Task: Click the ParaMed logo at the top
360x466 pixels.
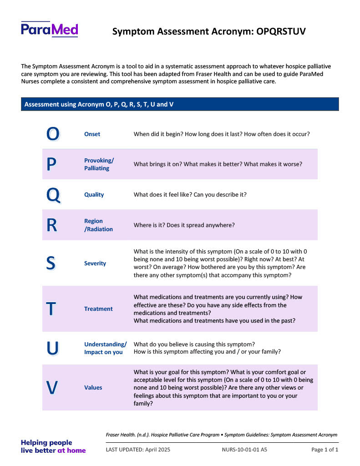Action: [49, 30]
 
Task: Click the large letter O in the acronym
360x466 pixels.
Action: [53, 134]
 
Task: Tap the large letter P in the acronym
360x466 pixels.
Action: [52, 164]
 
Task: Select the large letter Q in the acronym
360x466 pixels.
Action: [53, 195]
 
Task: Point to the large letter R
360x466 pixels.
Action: [52, 225]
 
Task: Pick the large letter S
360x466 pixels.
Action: [51, 263]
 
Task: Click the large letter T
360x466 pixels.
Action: [51, 309]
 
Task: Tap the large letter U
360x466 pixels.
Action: [52, 348]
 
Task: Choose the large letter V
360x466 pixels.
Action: [52, 388]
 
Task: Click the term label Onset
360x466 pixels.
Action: [92, 134]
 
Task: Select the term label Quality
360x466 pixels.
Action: [94, 195]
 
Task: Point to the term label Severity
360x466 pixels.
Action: [95, 263]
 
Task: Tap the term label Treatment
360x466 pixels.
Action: [98, 309]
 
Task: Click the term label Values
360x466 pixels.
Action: [93, 388]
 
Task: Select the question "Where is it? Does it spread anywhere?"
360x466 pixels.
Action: [184, 225]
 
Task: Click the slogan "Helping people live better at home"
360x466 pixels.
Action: [53, 446]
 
